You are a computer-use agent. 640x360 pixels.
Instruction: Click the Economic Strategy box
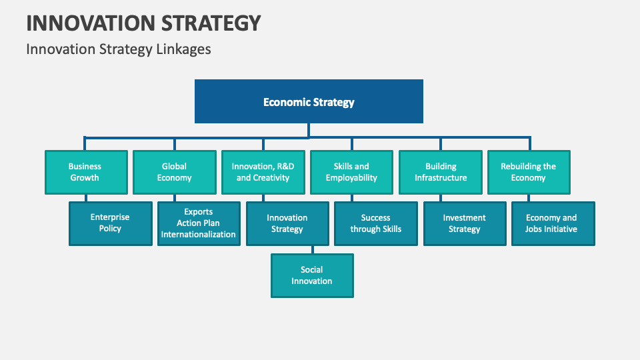click(x=309, y=101)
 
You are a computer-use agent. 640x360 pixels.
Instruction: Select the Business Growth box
click(x=85, y=172)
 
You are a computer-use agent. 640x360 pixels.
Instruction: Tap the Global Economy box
click(x=174, y=172)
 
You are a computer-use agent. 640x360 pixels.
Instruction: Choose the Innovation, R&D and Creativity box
click(x=263, y=172)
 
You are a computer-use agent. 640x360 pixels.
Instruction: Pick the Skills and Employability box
click(x=351, y=172)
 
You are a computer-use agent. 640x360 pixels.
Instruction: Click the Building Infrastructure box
click(x=441, y=172)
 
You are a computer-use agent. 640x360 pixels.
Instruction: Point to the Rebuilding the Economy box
click(x=529, y=172)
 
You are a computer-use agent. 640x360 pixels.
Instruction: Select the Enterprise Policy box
click(x=111, y=223)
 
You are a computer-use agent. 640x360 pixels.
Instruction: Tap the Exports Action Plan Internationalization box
click(x=199, y=223)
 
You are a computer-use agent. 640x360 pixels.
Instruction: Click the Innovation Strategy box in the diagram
click(x=287, y=223)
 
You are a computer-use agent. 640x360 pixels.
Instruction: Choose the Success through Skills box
click(x=375, y=223)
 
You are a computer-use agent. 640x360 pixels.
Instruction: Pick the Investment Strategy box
click(x=465, y=223)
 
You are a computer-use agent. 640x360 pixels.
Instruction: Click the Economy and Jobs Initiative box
click(x=553, y=223)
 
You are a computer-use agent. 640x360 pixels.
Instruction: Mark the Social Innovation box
click(x=312, y=275)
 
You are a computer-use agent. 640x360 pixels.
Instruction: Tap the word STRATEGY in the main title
click(x=211, y=23)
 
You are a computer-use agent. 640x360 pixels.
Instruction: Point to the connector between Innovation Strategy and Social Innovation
click(x=312, y=249)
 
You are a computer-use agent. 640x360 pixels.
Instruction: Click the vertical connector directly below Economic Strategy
click(x=309, y=130)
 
